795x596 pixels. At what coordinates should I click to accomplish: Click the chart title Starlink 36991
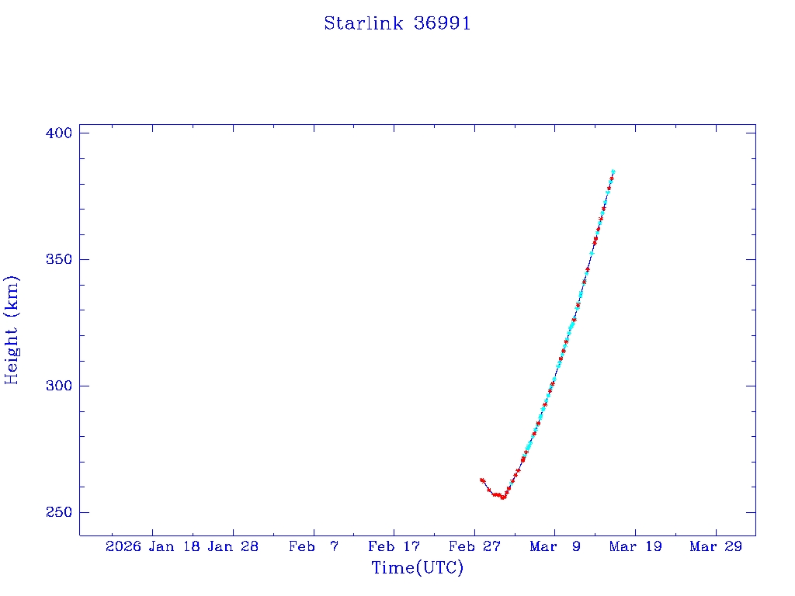click(397, 23)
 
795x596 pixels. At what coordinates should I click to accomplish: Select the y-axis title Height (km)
click(12, 330)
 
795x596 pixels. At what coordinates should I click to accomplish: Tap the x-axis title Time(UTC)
click(417, 568)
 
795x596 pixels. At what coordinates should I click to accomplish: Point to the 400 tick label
click(57, 133)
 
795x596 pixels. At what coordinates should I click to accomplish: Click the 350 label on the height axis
click(57, 259)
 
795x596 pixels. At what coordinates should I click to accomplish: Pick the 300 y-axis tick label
click(57, 386)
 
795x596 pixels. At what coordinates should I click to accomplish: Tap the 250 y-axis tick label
click(57, 512)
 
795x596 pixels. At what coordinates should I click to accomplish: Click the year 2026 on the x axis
click(123, 547)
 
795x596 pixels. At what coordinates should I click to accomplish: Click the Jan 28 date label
click(233, 547)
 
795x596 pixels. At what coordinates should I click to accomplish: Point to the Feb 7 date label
click(314, 547)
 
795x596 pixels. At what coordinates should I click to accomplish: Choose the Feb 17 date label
click(394, 547)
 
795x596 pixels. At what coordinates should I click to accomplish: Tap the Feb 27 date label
click(475, 547)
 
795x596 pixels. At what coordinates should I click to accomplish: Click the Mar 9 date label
click(555, 547)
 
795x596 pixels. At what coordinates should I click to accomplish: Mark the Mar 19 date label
click(636, 547)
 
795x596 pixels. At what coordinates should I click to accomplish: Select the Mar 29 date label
click(716, 547)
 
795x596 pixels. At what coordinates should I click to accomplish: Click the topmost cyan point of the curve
click(613, 172)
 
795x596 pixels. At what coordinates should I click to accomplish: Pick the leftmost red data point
click(481, 480)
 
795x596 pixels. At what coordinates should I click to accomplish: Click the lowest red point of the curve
click(503, 497)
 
